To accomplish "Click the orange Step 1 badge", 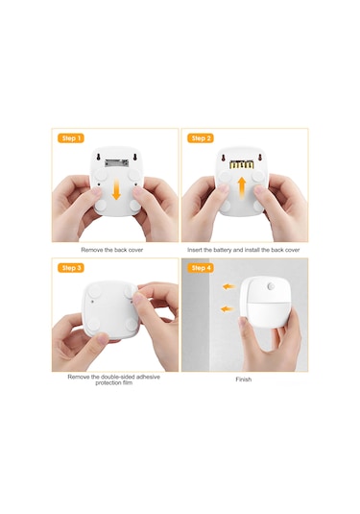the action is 71,138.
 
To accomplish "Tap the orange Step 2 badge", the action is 201,138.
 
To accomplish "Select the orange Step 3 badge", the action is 71,268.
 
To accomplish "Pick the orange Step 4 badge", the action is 201,268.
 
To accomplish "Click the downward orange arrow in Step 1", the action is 116,191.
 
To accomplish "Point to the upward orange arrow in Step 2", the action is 242,188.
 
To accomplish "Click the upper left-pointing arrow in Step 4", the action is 228,287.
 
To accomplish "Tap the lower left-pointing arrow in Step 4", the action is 227,308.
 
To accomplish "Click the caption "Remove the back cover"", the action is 112,250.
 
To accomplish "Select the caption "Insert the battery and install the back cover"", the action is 244,250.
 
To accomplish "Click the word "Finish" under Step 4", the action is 244,379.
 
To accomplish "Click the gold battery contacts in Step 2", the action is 242,164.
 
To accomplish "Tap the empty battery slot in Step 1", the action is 116,162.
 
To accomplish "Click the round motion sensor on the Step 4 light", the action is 271,286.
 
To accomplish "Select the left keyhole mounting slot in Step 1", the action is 98,158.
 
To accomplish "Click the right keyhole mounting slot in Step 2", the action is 260,158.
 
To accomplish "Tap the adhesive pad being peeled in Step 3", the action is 132,290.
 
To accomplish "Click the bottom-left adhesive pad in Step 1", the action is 101,206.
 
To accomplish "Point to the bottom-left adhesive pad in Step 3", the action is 93,325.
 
